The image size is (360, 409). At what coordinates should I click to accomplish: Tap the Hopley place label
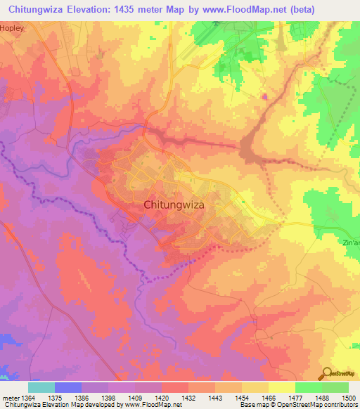pyautogui.click(x=12, y=28)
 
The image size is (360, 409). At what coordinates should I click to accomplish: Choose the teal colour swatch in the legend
pyautogui.click(x=41, y=387)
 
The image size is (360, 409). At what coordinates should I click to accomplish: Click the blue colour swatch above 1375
pyautogui.click(x=68, y=387)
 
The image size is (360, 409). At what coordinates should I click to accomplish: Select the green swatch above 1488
pyautogui.click(x=308, y=387)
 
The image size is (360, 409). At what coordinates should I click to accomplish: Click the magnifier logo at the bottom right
pyautogui.click(x=326, y=373)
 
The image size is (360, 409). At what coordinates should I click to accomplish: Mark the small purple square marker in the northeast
pyautogui.click(x=264, y=97)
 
